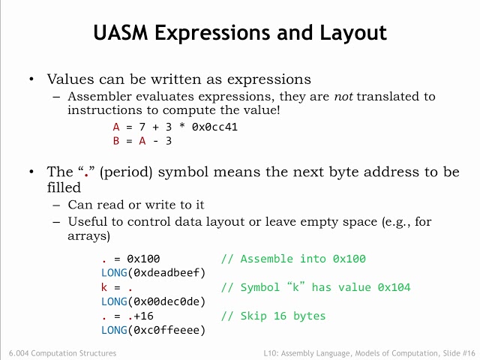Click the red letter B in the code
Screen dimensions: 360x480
pos(116,140)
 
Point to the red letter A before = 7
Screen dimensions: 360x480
pos(116,127)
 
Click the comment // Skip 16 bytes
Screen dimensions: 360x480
pos(273,316)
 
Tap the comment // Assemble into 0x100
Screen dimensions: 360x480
pos(293,259)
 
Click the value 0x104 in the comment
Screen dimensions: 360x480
pos(394,287)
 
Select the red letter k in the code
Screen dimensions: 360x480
pos(104,287)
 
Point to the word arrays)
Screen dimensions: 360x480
pos(89,235)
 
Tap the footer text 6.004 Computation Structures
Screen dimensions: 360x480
pos(62,352)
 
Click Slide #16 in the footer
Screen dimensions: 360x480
pos(457,352)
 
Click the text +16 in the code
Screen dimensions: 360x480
pos(141,316)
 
